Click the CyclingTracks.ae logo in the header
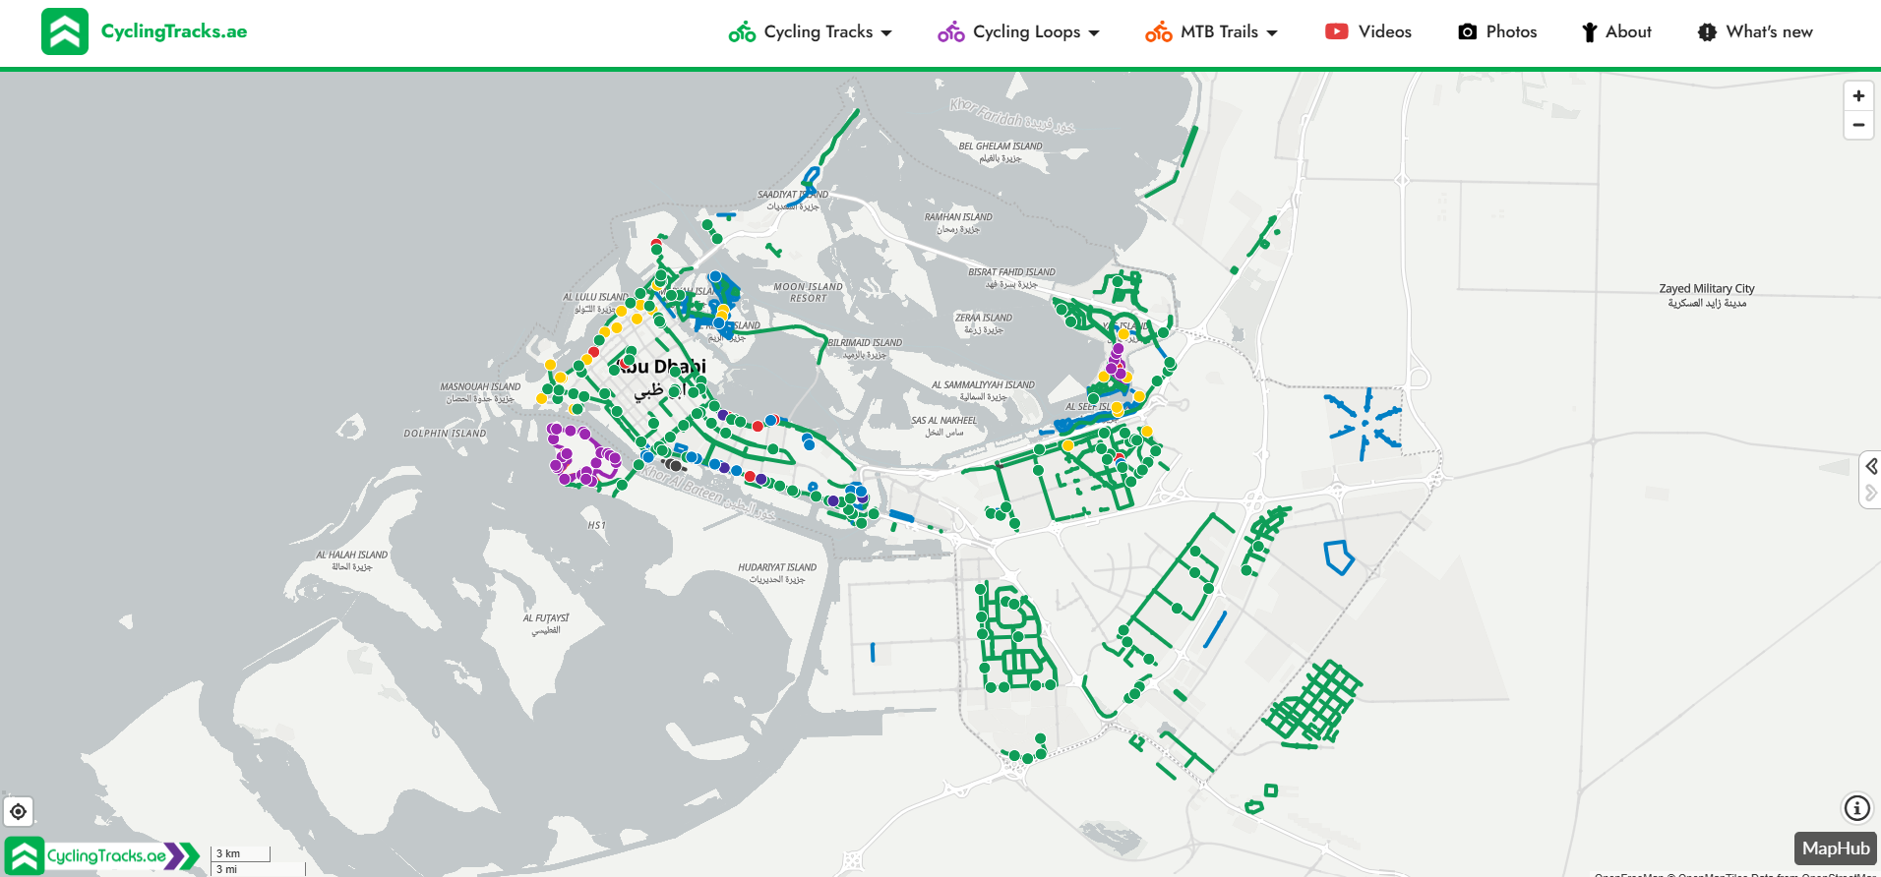(144, 31)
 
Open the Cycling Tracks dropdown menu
(811, 32)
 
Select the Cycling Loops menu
(1018, 32)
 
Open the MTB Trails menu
(1211, 32)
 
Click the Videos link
(1368, 32)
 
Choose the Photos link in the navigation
(1497, 32)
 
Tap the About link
(1616, 32)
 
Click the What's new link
(1755, 32)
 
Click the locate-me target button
(18, 811)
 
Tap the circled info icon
(1856, 808)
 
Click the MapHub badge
(1835, 848)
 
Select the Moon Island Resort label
(808, 292)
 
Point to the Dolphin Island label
(445, 434)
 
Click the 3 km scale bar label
(228, 853)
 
